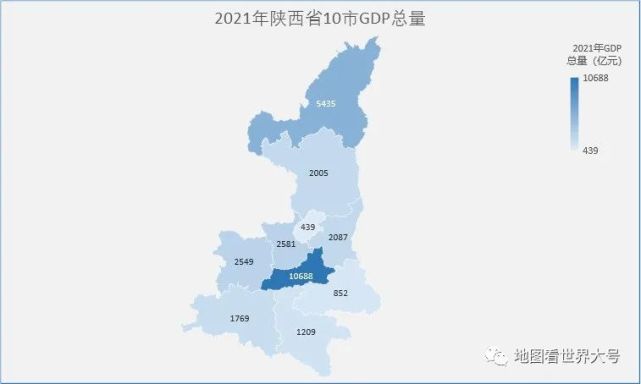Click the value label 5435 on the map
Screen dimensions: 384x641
(325, 104)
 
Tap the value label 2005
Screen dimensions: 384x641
(318, 173)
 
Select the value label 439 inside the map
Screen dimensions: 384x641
(307, 227)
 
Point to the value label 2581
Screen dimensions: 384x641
(285, 244)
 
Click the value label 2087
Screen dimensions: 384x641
(338, 237)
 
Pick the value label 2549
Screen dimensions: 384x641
(243, 262)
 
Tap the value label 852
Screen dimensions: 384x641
(341, 293)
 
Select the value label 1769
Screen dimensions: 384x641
(238, 319)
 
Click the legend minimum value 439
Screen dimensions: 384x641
(590, 150)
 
